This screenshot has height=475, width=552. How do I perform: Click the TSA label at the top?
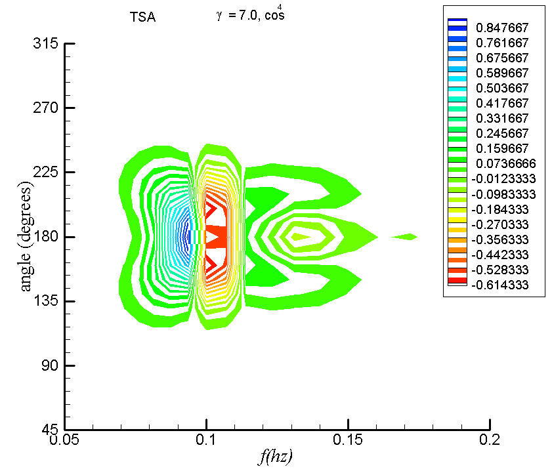[142, 18]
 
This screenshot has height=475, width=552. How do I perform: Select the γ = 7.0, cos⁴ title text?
[250, 16]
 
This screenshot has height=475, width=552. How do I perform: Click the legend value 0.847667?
[501, 28]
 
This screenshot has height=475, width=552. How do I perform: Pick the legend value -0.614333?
[503, 285]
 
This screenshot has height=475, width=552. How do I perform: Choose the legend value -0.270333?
[503, 224]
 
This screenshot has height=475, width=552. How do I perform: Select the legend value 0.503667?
[501, 88]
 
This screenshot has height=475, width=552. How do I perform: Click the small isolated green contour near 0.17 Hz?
[408, 237]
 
